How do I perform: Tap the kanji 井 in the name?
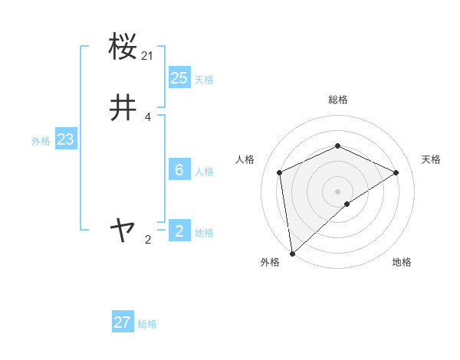click(x=123, y=108)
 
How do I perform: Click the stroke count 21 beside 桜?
click(x=147, y=55)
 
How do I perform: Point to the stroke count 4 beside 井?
click(x=148, y=117)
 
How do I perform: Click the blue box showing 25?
click(x=179, y=78)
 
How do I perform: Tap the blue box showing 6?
click(x=179, y=170)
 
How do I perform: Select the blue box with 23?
click(x=65, y=139)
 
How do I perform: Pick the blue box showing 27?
click(x=123, y=322)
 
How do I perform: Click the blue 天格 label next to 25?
click(x=204, y=80)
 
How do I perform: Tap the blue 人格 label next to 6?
click(x=204, y=172)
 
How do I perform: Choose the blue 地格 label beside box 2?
click(x=204, y=233)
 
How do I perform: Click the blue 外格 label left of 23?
click(x=41, y=141)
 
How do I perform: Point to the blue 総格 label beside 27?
click(x=147, y=324)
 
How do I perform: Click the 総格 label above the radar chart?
click(x=337, y=100)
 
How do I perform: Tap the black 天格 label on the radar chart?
click(x=432, y=159)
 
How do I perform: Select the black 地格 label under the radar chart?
click(x=402, y=262)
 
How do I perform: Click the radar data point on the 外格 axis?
click(x=292, y=253)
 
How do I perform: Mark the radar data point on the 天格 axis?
click(x=396, y=172)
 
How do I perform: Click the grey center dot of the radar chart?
click(x=337, y=191)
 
